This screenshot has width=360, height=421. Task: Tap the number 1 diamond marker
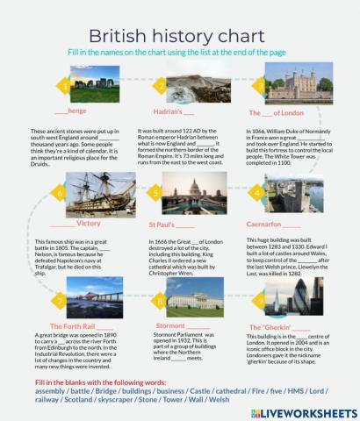62,86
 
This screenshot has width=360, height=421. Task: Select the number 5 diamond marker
155,193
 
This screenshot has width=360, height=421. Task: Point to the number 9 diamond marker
261,300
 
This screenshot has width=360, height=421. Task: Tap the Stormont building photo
194,299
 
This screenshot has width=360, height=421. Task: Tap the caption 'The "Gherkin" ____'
275,326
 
